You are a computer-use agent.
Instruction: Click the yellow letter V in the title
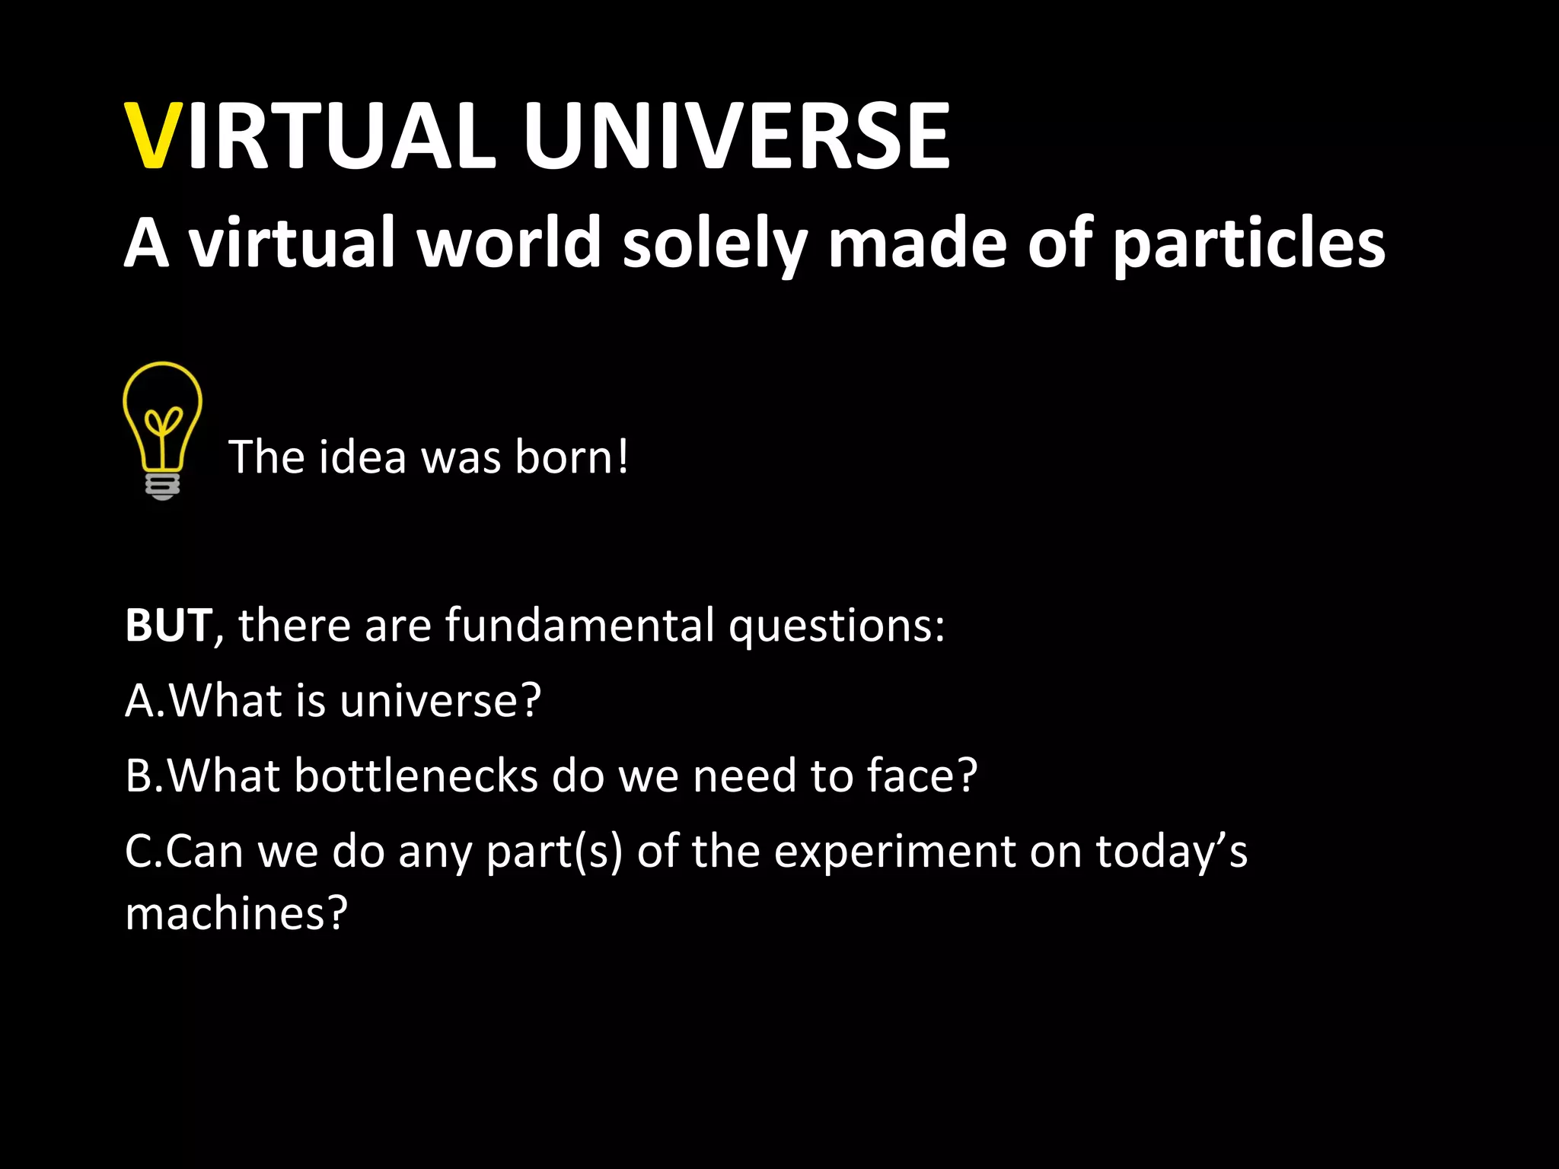[x=154, y=137]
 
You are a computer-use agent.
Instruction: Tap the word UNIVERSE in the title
[x=737, y=137]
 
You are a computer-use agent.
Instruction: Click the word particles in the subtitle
[x=1248, y=244]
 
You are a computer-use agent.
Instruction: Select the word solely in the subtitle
[x=715, y=244]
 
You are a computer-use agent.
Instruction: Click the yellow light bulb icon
[x=162, y=419]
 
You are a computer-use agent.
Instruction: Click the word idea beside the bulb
[x=362, y=457]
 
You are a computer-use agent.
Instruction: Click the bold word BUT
[x=168, y=626]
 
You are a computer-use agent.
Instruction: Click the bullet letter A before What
[x=140, y=700]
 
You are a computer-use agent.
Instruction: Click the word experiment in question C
[x=894, y=852]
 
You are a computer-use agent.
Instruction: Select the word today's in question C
[x=1172, y=852]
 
